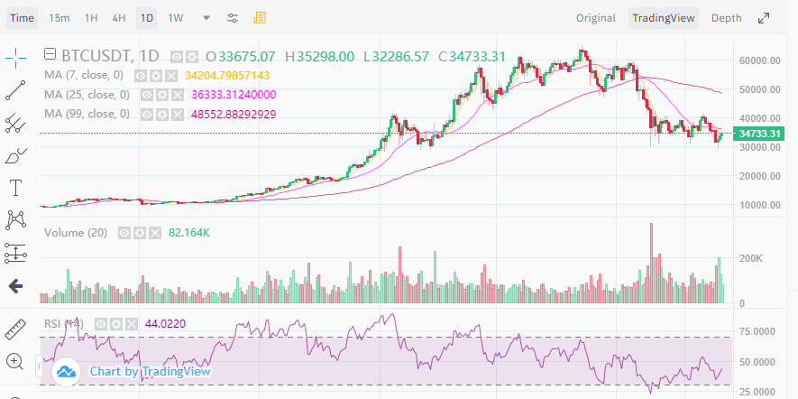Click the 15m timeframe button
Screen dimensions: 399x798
pos(60,18)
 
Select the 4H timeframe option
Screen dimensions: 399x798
pos(119,18)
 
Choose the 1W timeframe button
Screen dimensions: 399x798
pos(175,18)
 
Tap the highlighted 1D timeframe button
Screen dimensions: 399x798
pos(146,18)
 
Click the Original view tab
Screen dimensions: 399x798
pos(596,18)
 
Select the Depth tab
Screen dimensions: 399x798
pos(726,18)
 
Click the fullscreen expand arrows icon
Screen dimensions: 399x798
pos(764,18)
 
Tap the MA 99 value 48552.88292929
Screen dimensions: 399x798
pos(234,114)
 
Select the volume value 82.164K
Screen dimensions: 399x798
pos(188,233)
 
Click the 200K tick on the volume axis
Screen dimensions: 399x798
pos(750,258)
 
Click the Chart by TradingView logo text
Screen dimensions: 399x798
pos(150,371)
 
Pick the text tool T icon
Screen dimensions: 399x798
pos(15,188)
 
